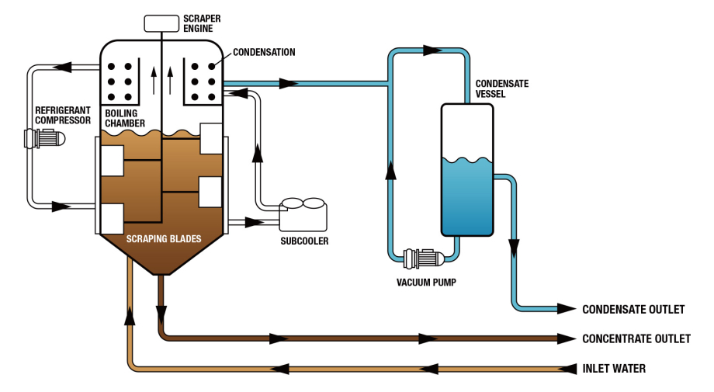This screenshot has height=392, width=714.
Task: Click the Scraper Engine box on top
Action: [x=161, y=23]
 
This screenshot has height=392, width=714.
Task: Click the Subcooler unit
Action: [x=303, y=213]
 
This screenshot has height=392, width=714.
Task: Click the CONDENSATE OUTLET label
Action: [x=633, y=310]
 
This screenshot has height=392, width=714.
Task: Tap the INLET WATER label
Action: [x=614, y=369]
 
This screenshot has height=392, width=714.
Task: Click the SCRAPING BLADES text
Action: [x=164, y=239]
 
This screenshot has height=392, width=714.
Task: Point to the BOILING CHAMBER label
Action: [x=125, y=118]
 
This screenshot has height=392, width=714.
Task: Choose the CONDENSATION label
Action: [x=265, y=53]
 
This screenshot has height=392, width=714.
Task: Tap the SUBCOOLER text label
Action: [x=304, y=241]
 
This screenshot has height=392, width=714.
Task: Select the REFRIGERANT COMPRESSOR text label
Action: [x=63, y=115]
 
